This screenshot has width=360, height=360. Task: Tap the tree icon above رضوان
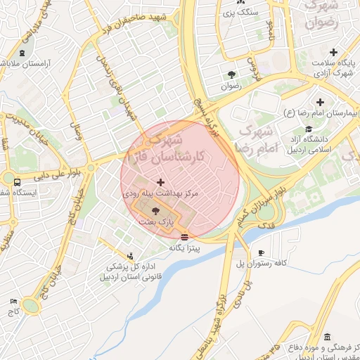[231, 74]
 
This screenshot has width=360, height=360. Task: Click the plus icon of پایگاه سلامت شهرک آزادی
[333, 52]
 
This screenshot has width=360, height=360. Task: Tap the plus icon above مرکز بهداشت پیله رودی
[161, 182]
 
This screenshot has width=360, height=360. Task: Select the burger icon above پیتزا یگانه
[184, 237]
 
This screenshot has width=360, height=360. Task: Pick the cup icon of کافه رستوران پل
[261, 253]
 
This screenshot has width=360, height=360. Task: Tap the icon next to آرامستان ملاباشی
[22, 53]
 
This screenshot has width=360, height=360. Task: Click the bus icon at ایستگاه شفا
[16, 182]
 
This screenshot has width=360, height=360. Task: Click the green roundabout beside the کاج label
[30, 305]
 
